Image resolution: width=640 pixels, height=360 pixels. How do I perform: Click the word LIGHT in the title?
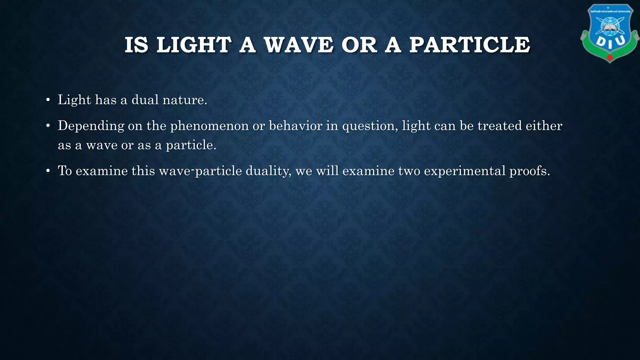pyautogui.click(x=194, y=45)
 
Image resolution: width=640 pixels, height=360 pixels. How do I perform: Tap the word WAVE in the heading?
pyautogui.click(x=299, y=45)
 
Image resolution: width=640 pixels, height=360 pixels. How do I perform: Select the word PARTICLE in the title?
pyautogui.click(x=470, y=45)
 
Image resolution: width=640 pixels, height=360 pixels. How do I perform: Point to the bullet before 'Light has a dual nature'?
pyautogui.click(x=48, y=100)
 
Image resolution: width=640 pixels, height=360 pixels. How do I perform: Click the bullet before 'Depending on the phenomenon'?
pyautogui.click(x=48, y=126)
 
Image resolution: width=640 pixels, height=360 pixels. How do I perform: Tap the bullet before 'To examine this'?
pyautogui.click(x=48, y=171)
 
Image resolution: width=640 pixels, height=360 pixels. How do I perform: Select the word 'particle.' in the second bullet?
pyautogui.click(x=191, y=145)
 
